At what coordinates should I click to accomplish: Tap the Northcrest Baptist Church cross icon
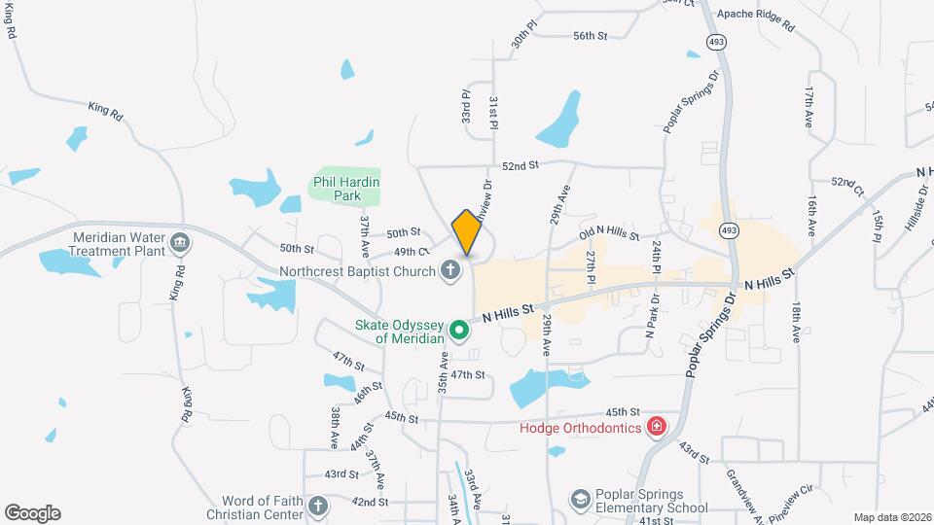click(x=449, y=270)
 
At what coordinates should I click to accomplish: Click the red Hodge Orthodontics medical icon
click(x=658, y=427)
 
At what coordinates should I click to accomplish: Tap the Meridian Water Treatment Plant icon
click(x=178, y=242)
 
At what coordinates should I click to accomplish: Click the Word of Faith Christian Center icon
click(x=317, y=505)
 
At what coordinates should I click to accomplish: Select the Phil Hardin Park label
click(x=345, y=189)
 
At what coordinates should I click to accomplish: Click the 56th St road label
click(x=590, y=36)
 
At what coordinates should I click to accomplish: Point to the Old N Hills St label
click(x=609, y=234)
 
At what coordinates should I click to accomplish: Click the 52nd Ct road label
click(x=847, y=183)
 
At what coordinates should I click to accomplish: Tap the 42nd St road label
click(x=370, y=502)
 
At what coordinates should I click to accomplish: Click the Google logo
click(x=32, y=512)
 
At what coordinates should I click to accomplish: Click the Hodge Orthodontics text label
click(x=580, y=428)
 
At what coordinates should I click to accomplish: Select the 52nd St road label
click(x=521, y=165)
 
